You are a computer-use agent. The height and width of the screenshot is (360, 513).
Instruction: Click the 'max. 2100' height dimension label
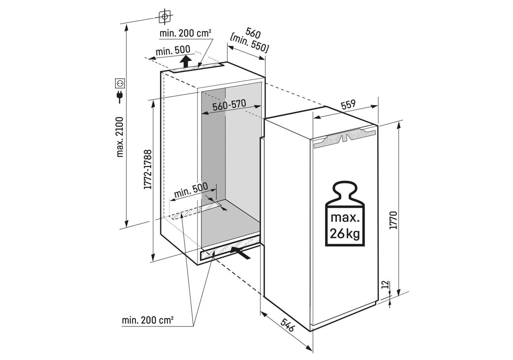(120, 137)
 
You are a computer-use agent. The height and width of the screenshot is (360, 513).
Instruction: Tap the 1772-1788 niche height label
(148, 169)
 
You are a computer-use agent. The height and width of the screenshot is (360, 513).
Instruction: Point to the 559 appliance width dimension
(348, 105)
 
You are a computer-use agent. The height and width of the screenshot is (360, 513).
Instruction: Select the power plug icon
(120, 96)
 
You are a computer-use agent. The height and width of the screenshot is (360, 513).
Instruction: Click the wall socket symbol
(120, 83)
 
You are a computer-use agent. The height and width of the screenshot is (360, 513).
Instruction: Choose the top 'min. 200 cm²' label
(185, 34)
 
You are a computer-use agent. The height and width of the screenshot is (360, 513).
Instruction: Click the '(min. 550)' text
(249, 44)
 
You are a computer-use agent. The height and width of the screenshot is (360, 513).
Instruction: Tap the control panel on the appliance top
(345, 138)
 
